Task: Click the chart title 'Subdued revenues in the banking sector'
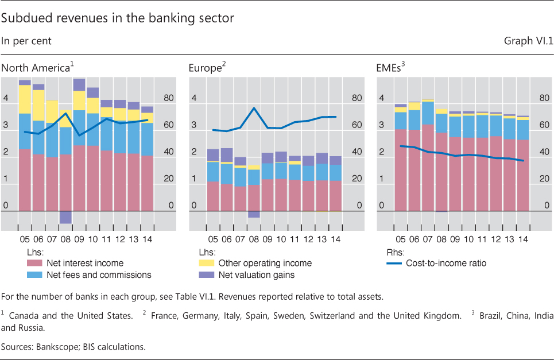click(x=118, y=18)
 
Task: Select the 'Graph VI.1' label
click(x=528, y=41)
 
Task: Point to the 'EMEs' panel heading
click(x=389, y=68)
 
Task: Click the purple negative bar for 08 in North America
click(x=65, y=217)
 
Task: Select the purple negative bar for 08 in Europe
click(x=254, y=214)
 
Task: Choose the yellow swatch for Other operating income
click(x=206, y=264)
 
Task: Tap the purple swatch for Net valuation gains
click(x=206, y=275)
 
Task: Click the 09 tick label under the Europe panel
click(x=268, y=239)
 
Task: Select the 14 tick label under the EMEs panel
click(x=524, y=239)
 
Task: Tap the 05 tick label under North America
click(x=25, y=239)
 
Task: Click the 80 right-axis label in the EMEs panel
click(x=543, y=98)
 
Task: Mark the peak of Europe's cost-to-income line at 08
click(x=254, y=108)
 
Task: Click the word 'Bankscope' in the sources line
click(x=51, y=347)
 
